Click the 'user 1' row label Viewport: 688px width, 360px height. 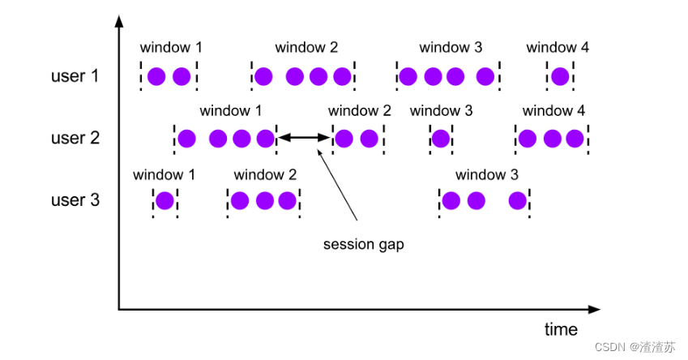75,76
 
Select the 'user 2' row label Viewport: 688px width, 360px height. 75,138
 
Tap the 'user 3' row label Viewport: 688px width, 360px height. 75,200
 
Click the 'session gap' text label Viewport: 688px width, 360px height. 363,245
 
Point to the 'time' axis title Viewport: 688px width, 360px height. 561,329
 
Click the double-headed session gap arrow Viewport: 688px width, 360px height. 304,138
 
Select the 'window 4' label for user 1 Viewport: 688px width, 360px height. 558,47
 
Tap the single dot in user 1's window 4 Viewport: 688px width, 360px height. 560,76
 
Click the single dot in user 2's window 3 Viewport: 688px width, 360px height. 441,139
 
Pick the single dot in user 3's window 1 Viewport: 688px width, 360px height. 165,201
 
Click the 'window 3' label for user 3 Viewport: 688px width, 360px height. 486,175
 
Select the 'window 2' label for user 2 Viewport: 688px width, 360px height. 359,110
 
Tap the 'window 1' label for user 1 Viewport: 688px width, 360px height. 171,47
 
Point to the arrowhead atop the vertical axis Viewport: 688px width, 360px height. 119,21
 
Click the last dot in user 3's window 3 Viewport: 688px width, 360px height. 517,201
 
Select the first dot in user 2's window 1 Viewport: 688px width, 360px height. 186,139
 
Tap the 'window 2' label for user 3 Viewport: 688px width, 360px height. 265,175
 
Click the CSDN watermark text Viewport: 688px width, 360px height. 635,347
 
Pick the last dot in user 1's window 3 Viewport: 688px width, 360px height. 485,76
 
